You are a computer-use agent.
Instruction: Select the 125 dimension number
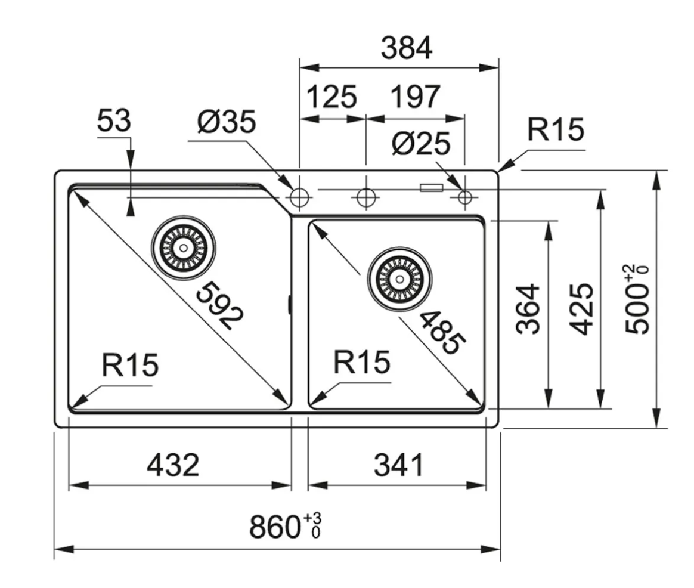point(331,97)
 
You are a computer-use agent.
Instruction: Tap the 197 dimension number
point(415,97)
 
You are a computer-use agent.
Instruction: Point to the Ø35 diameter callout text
point(227,122)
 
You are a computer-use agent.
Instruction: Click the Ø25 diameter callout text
point(421,144)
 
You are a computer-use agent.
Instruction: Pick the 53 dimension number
point(113,122)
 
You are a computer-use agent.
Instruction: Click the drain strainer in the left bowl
point(183,246)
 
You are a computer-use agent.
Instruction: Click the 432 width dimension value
point(173,465)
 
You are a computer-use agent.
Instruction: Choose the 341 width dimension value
point(398,465)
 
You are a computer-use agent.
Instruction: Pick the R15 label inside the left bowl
point(130,365)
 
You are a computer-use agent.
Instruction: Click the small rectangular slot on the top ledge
point(431,188)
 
